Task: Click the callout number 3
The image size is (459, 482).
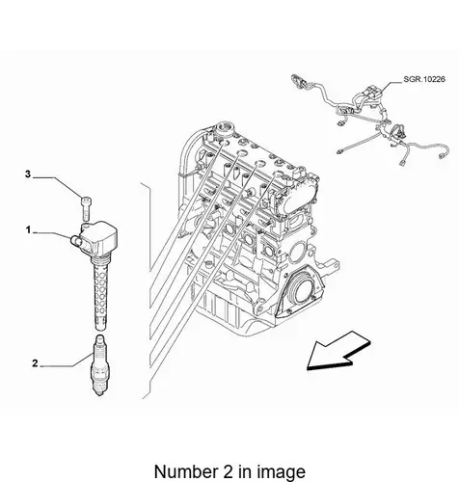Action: coord(28,174)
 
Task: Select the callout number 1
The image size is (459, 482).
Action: coord(28,230)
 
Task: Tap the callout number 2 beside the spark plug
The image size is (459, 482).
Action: coord(35,363)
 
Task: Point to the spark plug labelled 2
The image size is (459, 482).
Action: coord(99,365)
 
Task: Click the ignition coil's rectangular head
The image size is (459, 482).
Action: coord(99,237)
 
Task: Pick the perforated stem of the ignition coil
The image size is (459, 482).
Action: coord(100,292)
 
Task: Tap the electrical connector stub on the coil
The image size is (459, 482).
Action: coord(75,240)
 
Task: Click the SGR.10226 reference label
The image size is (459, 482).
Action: coord(424,79)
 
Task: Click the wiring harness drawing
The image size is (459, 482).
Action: coord(369,119)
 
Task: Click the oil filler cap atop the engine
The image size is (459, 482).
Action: coord(224,129)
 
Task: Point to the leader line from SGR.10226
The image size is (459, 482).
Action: coord(391,86)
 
